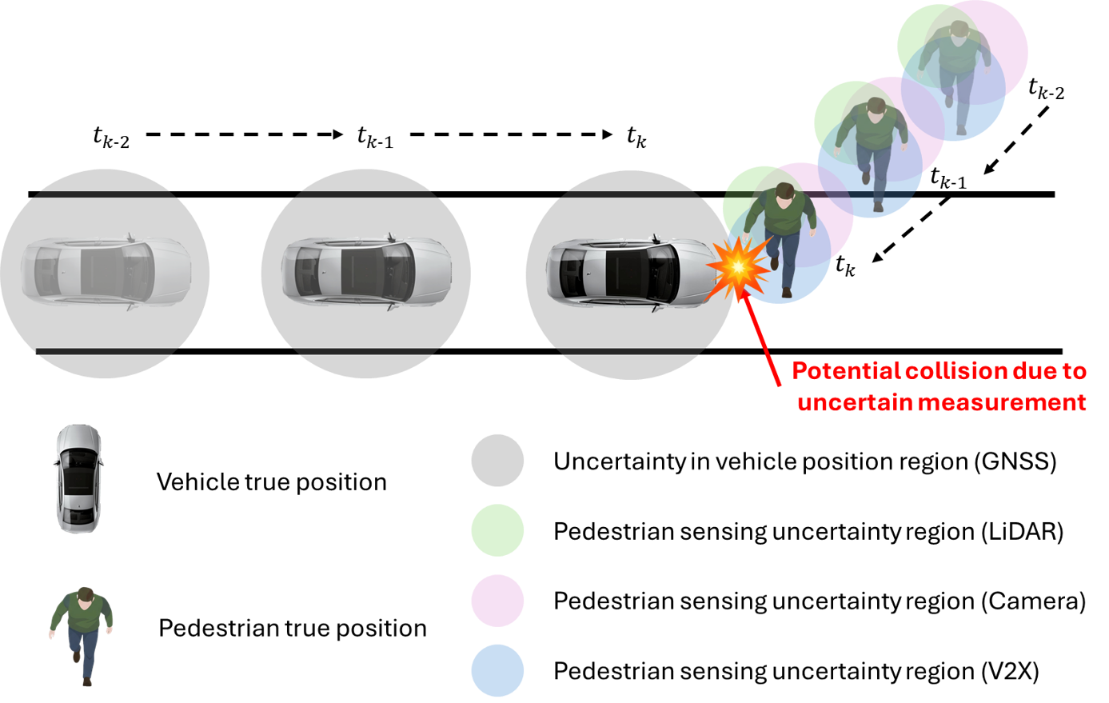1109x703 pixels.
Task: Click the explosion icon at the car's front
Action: [x=737, y=267]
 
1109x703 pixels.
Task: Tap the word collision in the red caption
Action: [x=955, y=371]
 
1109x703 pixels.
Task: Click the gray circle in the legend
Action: [x=497, y=461]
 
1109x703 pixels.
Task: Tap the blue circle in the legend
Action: [x=497, y=670]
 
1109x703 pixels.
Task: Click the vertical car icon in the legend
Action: [x=79, y=478]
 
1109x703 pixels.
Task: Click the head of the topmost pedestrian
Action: [x=959, y=32]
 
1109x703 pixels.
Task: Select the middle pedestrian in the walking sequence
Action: [x=875, y=148]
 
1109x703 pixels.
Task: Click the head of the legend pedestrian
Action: [x=84, y=595]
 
